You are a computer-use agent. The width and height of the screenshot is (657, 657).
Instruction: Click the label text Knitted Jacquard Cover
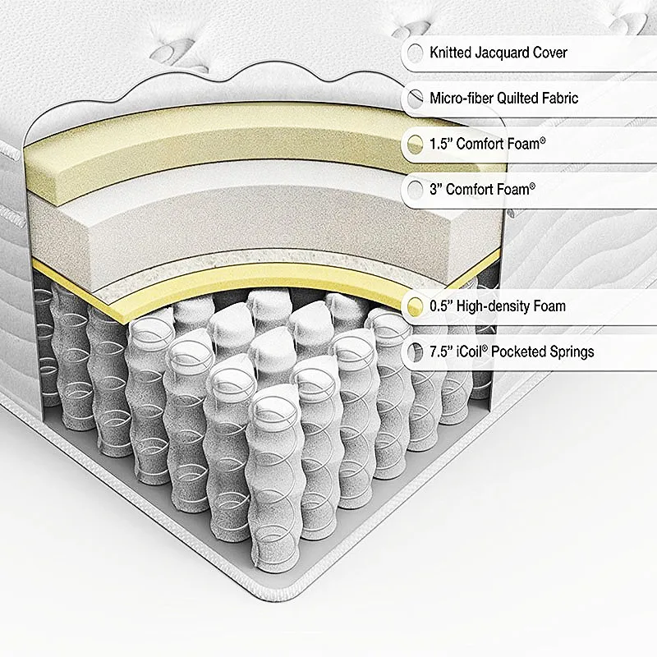coord(498,53)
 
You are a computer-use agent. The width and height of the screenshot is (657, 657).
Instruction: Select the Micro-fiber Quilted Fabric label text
coord(504,99)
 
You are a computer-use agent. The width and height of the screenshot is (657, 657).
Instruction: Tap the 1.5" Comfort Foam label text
coord(488,145)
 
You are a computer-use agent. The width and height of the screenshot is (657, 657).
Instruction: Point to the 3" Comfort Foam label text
coord(482,190)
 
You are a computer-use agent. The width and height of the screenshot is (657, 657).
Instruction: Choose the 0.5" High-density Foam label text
coord(498,307)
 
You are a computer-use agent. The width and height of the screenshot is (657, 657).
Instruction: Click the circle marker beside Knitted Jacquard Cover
coord(416,53)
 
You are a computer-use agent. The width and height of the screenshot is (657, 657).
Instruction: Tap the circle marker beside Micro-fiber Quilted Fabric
coord(416,99)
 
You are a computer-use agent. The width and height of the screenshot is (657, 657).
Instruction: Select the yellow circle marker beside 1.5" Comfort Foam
coord(416,145)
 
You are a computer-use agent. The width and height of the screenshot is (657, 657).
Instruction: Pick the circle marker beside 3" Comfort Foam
coord(416,190)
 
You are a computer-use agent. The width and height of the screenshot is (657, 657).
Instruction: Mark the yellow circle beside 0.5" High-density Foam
coord(416,307)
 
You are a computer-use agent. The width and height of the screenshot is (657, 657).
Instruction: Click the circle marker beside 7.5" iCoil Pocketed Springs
coord(416,352)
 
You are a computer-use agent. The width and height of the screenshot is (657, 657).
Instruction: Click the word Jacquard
coord(503,53)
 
